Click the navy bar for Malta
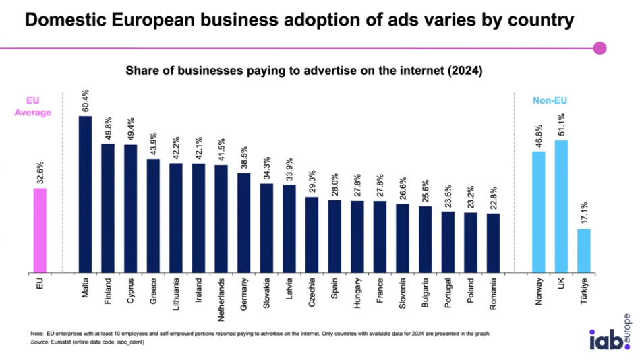click(85, 194)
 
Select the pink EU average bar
click(40, 231)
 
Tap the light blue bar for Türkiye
click(583, 251)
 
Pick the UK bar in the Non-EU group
click(561, 206)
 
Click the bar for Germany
click(244, 222)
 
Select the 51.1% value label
click(561, 125)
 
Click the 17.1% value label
click(584, 214)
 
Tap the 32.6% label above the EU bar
click(40, 173)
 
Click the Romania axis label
click(494, 293)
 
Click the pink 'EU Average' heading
click(33, 107)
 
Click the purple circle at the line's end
click(600, 48)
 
